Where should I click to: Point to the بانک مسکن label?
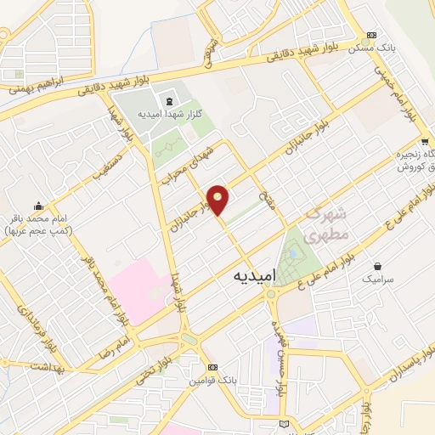[x=370, y=48]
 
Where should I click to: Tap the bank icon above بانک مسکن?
[x=370, y=35]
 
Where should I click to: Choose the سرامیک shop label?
[x=378, y=278]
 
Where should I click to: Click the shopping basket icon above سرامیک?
[x=378, y=265]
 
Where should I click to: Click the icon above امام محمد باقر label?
[x=39, y=206]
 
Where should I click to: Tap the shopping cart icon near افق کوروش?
[x=424, y=142]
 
